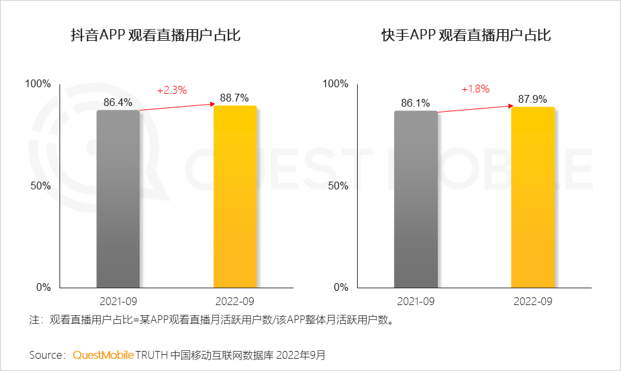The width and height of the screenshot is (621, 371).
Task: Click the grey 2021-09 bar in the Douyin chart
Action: click(x=118, y=199)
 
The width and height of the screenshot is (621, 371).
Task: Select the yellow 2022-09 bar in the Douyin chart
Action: click(x=235, y=196)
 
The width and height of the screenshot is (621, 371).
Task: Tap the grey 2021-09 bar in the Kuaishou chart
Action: click(x=416, y=199)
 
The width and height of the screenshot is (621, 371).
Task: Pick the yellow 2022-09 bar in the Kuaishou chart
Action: click(x=532, y=197)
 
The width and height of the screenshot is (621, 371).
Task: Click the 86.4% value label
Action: click(x=118, y=102)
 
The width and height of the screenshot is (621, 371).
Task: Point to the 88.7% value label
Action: click(x=234, y=98)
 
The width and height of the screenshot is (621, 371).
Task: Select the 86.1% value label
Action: click(x=415, y=103)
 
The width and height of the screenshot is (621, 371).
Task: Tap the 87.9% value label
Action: click(x=532, y=99)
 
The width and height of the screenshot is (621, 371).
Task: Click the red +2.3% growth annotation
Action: click(x=172, y=90)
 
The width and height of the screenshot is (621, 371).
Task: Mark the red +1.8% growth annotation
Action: click(x=475, y=89)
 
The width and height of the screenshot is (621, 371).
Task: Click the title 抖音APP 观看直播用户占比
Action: click(x=155, y=35)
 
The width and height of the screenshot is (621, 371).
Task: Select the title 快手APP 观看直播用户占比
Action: click(x=466, y=35)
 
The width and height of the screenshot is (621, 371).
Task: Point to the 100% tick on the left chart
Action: click(x=38, y=84)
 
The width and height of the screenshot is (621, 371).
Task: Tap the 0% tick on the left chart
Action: click(x=42, y=288)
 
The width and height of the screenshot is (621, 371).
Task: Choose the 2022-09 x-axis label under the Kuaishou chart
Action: click(x=532, y=302)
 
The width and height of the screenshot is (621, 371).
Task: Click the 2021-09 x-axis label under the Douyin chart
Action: click(x=118, y=302)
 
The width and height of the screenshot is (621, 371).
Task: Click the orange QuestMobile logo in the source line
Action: click(x=103, y=355)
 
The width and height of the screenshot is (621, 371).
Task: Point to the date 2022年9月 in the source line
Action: click(x=301, y=355)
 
